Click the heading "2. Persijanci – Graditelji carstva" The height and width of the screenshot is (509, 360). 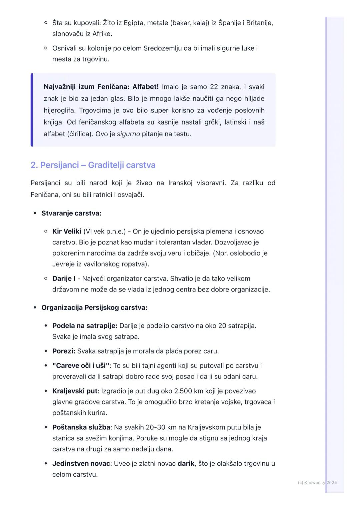[x=93, y=165]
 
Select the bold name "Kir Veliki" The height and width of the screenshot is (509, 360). [x=67, y=232]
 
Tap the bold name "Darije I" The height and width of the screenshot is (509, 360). [x=64, y=278]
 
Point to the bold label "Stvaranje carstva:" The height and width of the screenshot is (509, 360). [x=71, y=213]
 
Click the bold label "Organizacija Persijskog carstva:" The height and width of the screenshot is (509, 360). [x=94, y=307]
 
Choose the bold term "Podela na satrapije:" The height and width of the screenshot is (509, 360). [x=85, y=326]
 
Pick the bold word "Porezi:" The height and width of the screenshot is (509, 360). [x=64, y=351]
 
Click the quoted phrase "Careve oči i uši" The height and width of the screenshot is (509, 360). [x=81, y=366]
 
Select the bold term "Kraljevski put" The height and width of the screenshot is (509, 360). [x=75, y=391]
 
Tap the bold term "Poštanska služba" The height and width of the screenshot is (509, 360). [x=81, y=427]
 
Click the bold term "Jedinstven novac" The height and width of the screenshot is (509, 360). [x=81, y=464]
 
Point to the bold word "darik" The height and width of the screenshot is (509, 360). [x=186, y=464]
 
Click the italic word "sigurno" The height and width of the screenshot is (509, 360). [x=128, y=134]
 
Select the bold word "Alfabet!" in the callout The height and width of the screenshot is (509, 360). [x=145, y=87]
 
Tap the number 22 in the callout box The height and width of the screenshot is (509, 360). [x=214, y=87]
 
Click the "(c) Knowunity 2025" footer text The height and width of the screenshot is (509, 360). [x=317, y=483]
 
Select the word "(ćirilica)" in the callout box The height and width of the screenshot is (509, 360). [x=80, y=134]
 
